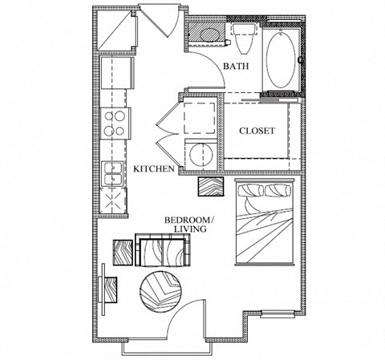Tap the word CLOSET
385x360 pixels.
pyautogui.click(x=257, y=131)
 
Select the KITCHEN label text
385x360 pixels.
pyautogui.click(x=154, y=169)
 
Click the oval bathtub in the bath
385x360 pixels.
pyautogui.click(x=279, y=62)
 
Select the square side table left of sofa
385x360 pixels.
pyautogui.click(x=124, y=251)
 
